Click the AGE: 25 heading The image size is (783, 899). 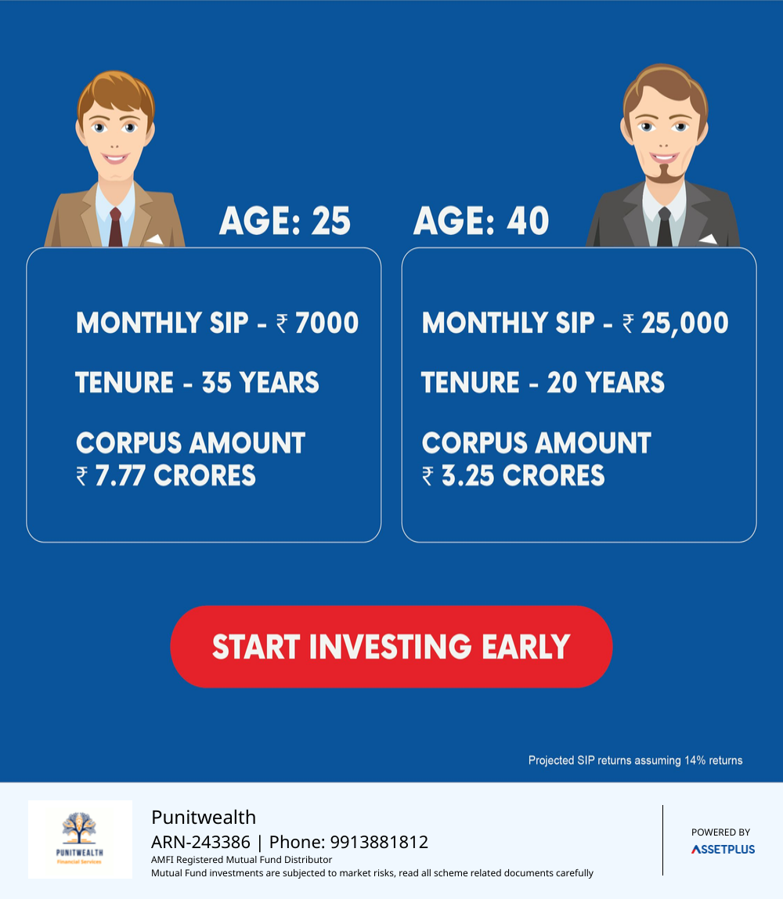tap(285, 221)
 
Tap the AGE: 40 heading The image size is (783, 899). tap(482, 221)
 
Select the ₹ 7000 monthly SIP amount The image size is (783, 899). tap(318, 323)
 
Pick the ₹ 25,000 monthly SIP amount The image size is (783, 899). tap(675, 323)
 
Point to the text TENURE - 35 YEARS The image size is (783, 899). tap(197, 382)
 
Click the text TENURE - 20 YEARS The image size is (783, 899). tap(543, 382)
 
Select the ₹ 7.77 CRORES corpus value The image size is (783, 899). tap(166, 476)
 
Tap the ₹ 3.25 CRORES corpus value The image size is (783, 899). tap(513, 476)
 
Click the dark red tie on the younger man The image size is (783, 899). tap(115, 228)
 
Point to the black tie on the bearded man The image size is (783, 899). tap(664, 228)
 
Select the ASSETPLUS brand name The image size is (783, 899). tap(723, 850)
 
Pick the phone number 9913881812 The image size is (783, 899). tap(380, 842)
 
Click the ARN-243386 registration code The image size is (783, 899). tap(200, 842)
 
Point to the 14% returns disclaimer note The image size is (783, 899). tap(635, 760)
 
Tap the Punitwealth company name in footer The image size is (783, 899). tap(204, 817)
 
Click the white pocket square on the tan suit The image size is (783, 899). tap(155, 239)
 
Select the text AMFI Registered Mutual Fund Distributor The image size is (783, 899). tap(241, 859)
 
